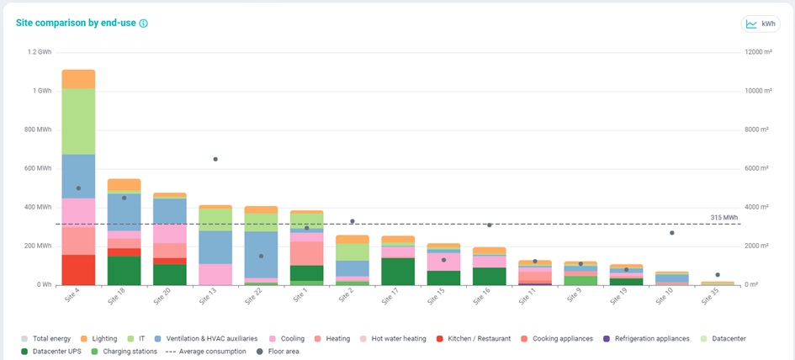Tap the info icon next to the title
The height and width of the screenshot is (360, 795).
point(143,24)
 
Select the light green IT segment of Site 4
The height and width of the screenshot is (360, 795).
point(78,121)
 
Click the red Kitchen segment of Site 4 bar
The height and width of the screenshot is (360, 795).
point(78,269)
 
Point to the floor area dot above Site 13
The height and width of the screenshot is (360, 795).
point(215,159)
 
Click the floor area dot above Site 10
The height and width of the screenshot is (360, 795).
point(671,232)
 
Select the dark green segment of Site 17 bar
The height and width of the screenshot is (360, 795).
point(398,271)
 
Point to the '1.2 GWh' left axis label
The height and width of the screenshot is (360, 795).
point(39,52)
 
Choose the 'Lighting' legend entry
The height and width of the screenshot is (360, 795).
point(98,338)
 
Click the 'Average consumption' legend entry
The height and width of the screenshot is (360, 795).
point(208,351)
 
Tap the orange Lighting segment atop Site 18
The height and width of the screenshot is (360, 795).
point(124,185)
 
